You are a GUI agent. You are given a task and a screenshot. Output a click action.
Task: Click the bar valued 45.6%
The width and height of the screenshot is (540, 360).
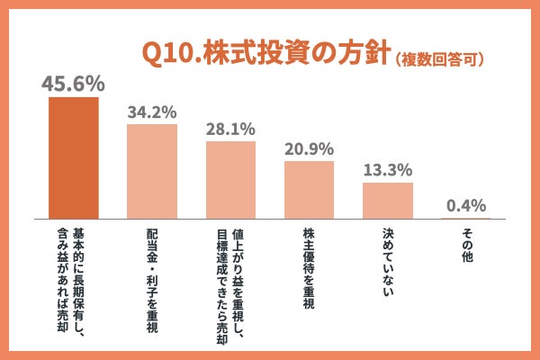73,157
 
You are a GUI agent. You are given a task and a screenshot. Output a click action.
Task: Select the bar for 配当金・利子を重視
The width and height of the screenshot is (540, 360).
151,171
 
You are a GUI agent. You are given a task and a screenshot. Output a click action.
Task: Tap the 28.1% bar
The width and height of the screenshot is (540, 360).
230,180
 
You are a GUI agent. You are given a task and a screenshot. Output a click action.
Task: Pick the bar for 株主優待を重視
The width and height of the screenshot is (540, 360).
309,190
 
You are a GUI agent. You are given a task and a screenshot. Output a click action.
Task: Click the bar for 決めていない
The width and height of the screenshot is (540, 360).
387,201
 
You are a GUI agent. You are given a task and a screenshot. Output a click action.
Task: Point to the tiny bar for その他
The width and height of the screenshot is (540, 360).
465,218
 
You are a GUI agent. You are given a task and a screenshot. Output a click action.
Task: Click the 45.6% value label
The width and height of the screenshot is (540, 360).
73,84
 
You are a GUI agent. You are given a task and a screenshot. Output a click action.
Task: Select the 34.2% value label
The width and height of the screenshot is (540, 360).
151,112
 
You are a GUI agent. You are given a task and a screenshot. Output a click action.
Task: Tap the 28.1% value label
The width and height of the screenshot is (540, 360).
230,130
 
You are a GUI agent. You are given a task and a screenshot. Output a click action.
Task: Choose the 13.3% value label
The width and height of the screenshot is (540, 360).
387,170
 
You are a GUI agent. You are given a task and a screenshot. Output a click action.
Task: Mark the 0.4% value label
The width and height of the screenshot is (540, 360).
465,205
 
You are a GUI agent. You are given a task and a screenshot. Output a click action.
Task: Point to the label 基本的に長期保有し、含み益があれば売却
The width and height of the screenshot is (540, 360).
73,283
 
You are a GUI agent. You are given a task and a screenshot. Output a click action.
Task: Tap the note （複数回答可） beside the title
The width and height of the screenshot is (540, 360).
441,59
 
